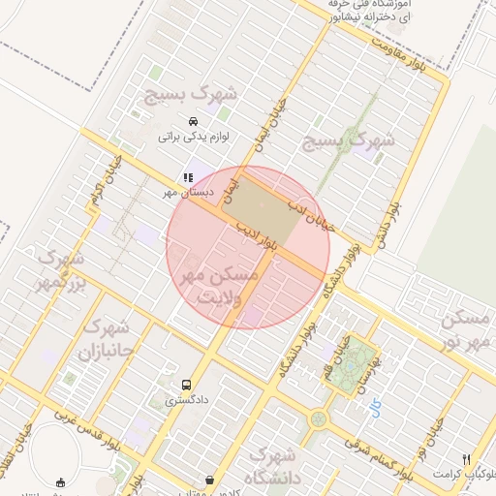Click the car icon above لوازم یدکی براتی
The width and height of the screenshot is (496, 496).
click(194, 122)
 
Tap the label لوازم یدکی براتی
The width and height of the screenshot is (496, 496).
click(193, 138)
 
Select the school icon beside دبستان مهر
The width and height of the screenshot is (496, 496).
click(188, 177)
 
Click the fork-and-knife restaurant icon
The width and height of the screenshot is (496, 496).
click(466, 459)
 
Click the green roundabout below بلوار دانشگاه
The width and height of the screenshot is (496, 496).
click(319, 420)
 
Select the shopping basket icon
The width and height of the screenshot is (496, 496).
click(210, 480)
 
